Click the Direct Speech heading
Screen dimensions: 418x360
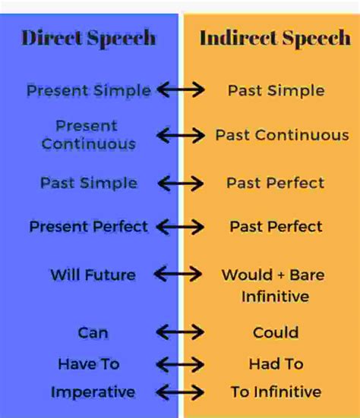click(x=89, y=38)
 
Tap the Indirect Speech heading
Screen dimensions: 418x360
click(x=275, y=38)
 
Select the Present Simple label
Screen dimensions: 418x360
click(x=89, y=90)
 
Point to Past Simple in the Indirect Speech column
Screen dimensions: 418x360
click(x=276, y=90)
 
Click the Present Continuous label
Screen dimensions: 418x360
click(x=88, y=134)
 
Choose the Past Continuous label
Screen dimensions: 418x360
click(x=282, y=135)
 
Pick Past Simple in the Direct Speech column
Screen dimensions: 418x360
click(x=89, y=183)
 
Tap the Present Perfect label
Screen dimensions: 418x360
click(x=89, y=226)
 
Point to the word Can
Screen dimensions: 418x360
click(x=93, y=332)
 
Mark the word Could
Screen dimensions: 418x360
click(x=276, y=332)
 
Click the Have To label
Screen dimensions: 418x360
click(x=89, y=364)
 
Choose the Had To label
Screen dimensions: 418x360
click(x=275, y=364)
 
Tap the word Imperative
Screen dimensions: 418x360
click(x=93, y=392)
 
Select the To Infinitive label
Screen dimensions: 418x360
click(x=276, y=392)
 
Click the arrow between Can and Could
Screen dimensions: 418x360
click(x=180, y=332)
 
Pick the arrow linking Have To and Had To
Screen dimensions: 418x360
click(x=180, y=364)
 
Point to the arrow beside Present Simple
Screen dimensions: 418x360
click(x=180, y=90)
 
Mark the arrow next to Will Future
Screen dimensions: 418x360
click(x=180, y=274)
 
